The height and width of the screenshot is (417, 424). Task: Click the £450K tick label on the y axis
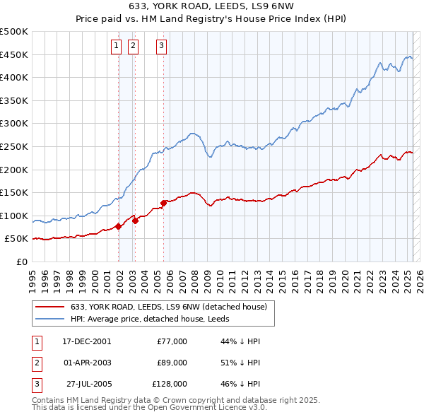[14, 54]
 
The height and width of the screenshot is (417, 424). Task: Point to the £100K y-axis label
[14, 216]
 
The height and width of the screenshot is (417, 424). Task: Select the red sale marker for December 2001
[118, 226]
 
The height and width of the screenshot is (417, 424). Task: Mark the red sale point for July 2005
[163, 203]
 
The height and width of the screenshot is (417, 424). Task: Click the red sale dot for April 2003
[135, 221]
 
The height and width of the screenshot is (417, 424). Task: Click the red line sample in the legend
[50, 307]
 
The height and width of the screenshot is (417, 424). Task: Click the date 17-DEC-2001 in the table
[86, 341]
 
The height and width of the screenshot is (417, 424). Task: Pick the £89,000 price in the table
[172, 363]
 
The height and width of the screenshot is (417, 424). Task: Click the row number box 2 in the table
[36, 363]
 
